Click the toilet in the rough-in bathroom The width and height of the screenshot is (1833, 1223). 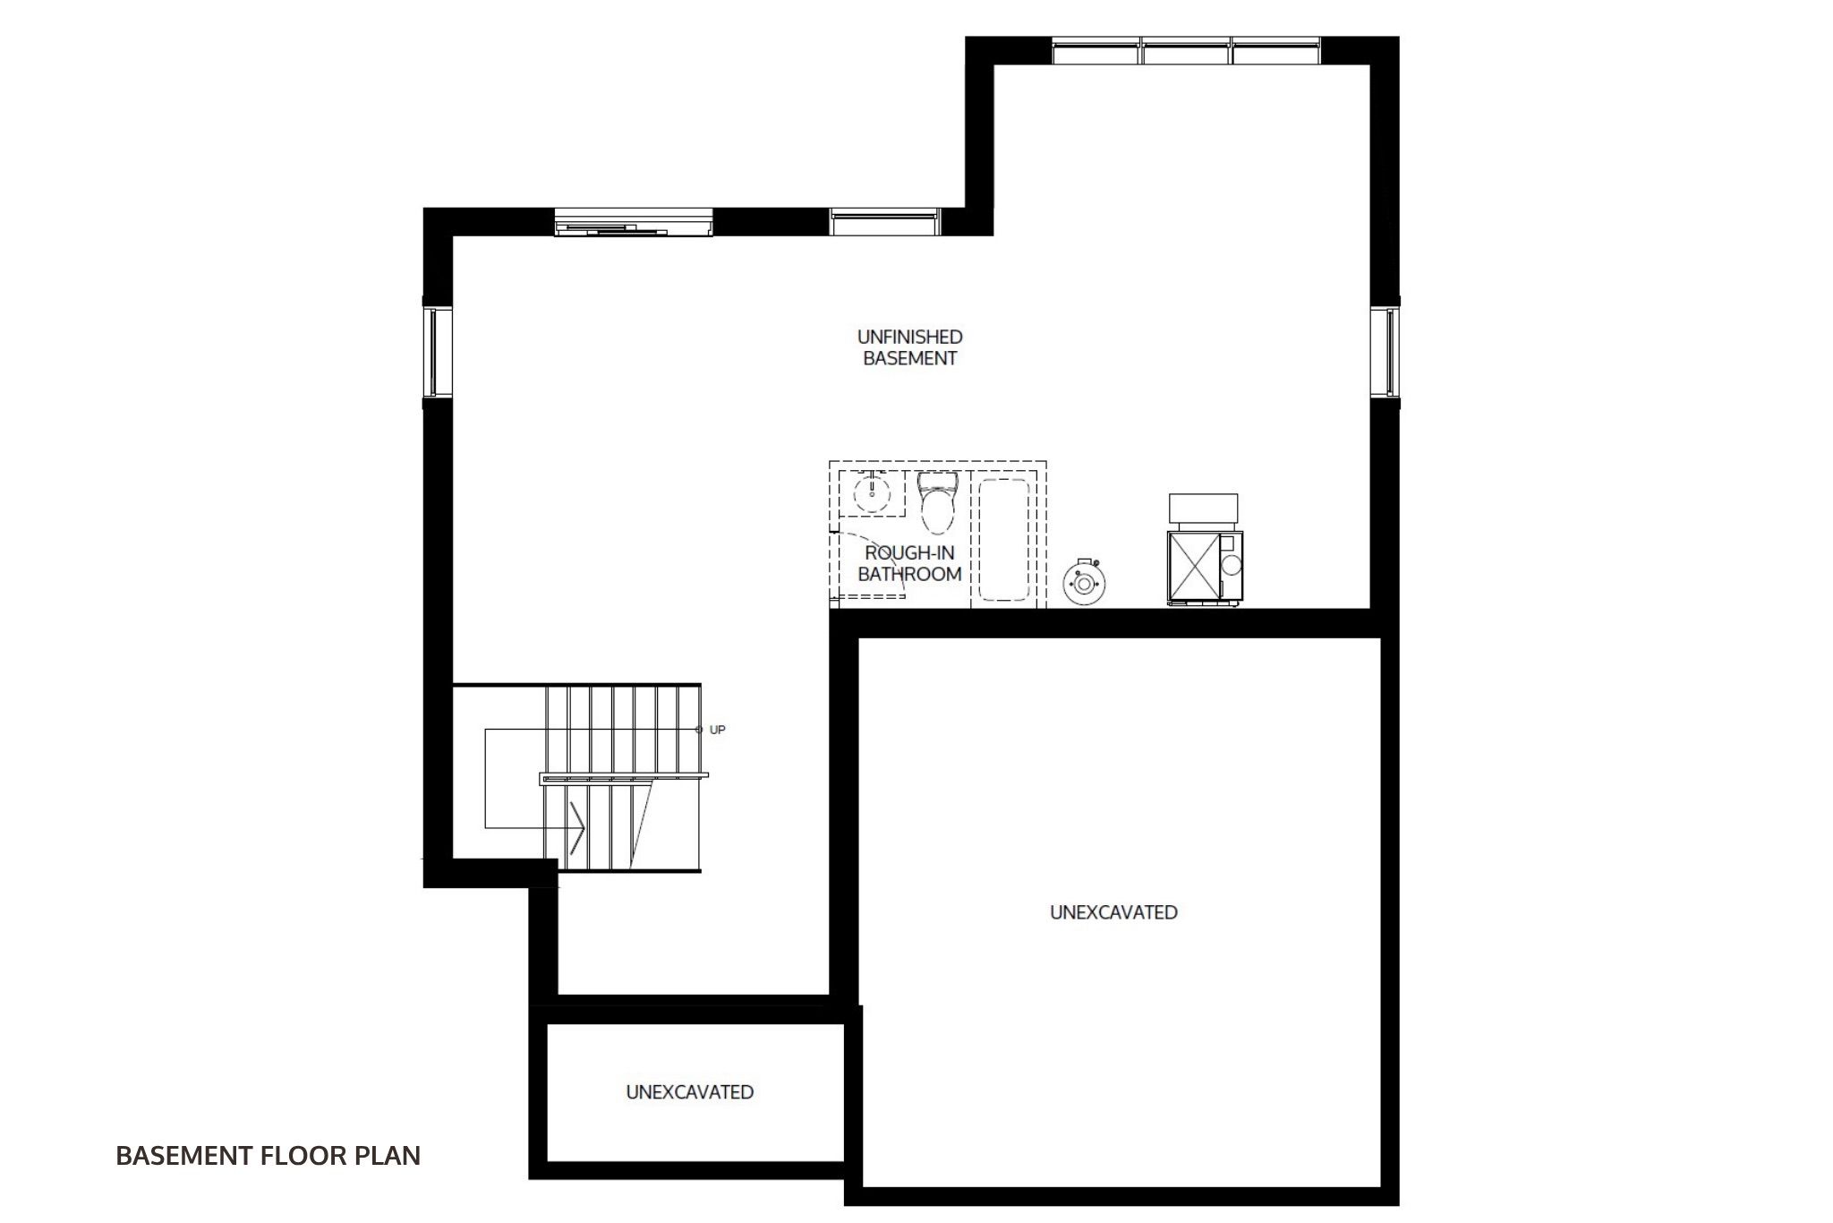938,503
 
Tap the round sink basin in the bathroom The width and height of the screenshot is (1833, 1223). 871,492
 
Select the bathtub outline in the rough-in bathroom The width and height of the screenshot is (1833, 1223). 1008,539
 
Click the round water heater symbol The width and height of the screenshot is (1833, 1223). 1084,583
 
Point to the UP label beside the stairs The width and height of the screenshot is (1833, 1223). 717,730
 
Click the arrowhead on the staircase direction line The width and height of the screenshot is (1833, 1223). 578,826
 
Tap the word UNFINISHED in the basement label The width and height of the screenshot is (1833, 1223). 909,337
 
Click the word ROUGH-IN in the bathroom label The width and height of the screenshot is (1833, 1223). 909,552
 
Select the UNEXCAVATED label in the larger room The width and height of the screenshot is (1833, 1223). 1113,912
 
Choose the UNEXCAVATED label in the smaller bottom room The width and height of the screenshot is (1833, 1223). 689,1092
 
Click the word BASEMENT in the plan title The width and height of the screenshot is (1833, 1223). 184,1156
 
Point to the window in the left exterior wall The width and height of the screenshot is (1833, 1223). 438,352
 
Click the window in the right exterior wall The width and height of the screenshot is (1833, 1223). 1385,352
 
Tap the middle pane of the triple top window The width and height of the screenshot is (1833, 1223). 1187,51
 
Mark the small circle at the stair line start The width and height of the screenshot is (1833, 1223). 699,730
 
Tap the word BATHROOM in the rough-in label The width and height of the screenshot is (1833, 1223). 909,574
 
